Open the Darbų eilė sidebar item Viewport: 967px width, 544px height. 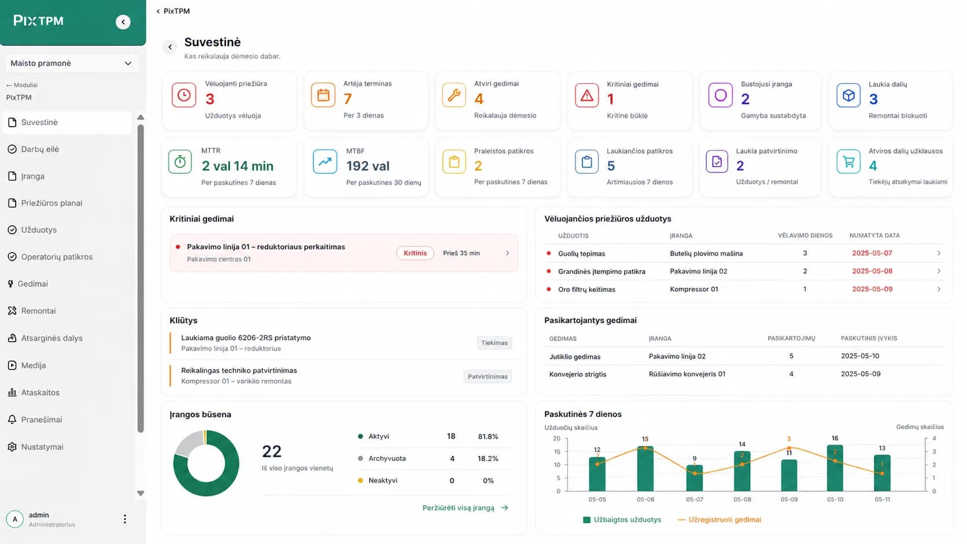[x=40, y=149]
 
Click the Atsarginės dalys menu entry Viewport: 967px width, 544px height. [x=52, y=338]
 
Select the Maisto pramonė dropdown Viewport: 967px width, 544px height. [x=72, y=64]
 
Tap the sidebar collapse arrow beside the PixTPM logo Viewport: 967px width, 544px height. [x=123, y=22]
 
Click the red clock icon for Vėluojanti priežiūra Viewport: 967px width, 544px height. [x=184, y=95]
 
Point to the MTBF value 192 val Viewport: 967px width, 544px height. [x=368, y=166]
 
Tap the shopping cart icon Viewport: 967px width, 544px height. [x=848, y=162]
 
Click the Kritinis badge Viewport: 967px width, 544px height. [x=415, y=253]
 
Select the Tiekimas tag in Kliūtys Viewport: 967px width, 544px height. [x=494, y=343]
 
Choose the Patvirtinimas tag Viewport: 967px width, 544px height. [x=488, y=376]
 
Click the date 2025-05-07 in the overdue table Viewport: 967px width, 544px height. [x=872, y=253]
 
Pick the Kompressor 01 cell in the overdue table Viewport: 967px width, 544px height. [x=694, y=290]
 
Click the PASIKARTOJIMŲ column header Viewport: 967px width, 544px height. [x=791, y=339]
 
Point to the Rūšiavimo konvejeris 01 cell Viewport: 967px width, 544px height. [x=687, y=374]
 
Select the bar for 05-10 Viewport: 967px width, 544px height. [x=835, y=468]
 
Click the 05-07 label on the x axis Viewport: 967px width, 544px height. [x=695, y=499]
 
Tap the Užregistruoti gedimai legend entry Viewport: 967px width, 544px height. [x=719, y=520]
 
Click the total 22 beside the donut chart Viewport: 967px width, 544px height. [x=272, y=452]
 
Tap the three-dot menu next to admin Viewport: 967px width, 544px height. [x=125, y=519]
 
